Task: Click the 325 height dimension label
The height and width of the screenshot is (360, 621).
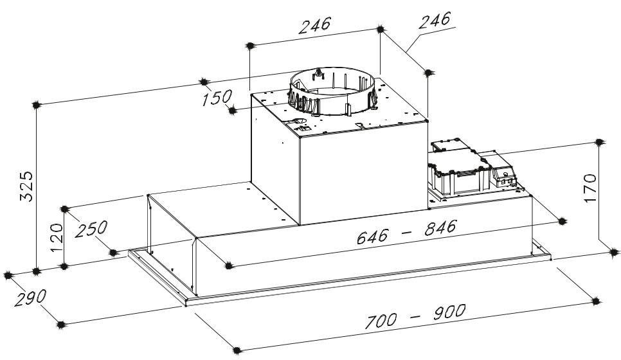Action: pos(26,186)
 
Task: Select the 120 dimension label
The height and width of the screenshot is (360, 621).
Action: pos(57,238)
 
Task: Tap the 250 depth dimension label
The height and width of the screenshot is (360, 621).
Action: pos(91,229)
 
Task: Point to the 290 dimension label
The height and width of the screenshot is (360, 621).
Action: pos(30,298)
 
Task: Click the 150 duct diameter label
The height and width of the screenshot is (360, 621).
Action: pos(217,98)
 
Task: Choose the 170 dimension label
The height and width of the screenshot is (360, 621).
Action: pos(590,188)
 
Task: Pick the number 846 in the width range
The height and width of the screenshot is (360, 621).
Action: pos(440,228)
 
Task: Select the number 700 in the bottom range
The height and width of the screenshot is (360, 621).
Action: pos(380,321)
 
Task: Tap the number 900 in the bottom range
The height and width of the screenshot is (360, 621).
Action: pos(449,312)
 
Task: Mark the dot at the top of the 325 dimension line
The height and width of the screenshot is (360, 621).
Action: pos(36,105)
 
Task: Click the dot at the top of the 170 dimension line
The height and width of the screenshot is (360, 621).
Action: pos(600,142)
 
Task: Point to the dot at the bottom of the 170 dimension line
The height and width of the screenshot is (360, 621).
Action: pos(614,252)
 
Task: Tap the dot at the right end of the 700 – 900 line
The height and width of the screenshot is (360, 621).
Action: pos(595,301)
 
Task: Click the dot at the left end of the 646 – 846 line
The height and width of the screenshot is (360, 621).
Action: pos(228,265)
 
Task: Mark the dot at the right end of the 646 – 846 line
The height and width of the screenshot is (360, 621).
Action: pos(562,221)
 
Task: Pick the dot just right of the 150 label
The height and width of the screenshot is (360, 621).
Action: pos(233,110)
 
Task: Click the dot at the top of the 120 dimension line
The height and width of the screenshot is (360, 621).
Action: pos(64,209)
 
